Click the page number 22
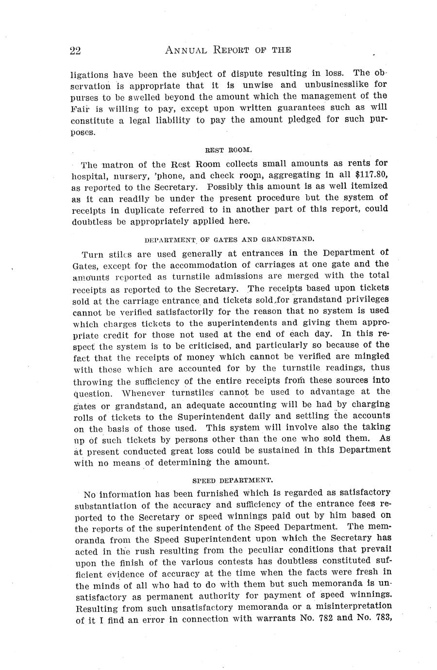coord(75,50)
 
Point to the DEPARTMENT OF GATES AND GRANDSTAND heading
coord(230,239)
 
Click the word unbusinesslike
coord(338,84)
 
